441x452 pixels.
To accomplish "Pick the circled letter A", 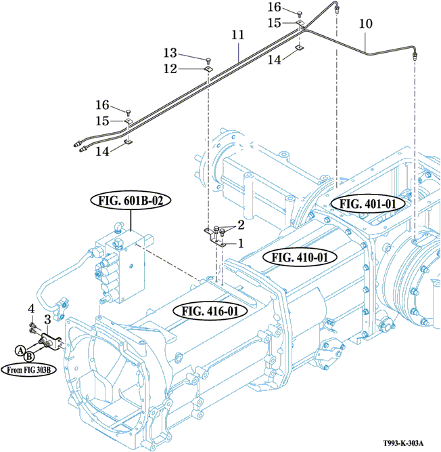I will point(21,350).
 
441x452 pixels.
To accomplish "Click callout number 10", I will point(365,24).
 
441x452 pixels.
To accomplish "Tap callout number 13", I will point(170,52).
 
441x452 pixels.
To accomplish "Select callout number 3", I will point(47,319).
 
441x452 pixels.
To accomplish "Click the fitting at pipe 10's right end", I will point(414,55).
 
